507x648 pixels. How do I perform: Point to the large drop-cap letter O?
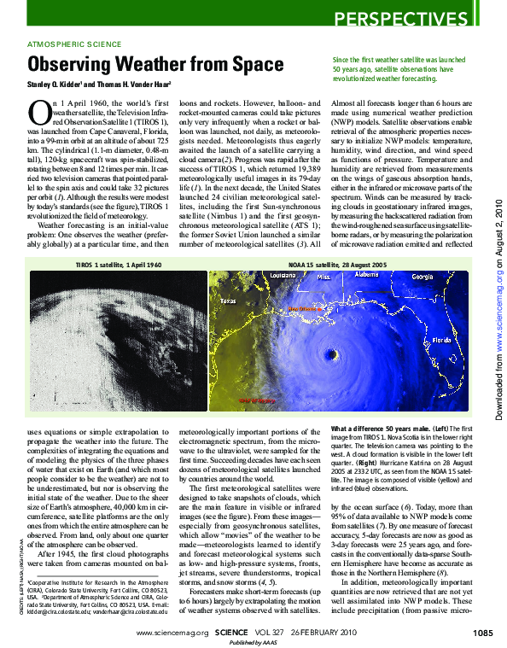pos(38,111)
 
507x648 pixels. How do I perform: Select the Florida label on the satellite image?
pos(441,339)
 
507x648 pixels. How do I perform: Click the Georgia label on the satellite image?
pos(422,277)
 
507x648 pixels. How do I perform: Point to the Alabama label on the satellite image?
pos(366,275)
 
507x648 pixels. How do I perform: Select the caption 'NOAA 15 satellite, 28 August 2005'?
pos(337,266)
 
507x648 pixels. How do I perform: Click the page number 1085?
pos(481,633)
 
